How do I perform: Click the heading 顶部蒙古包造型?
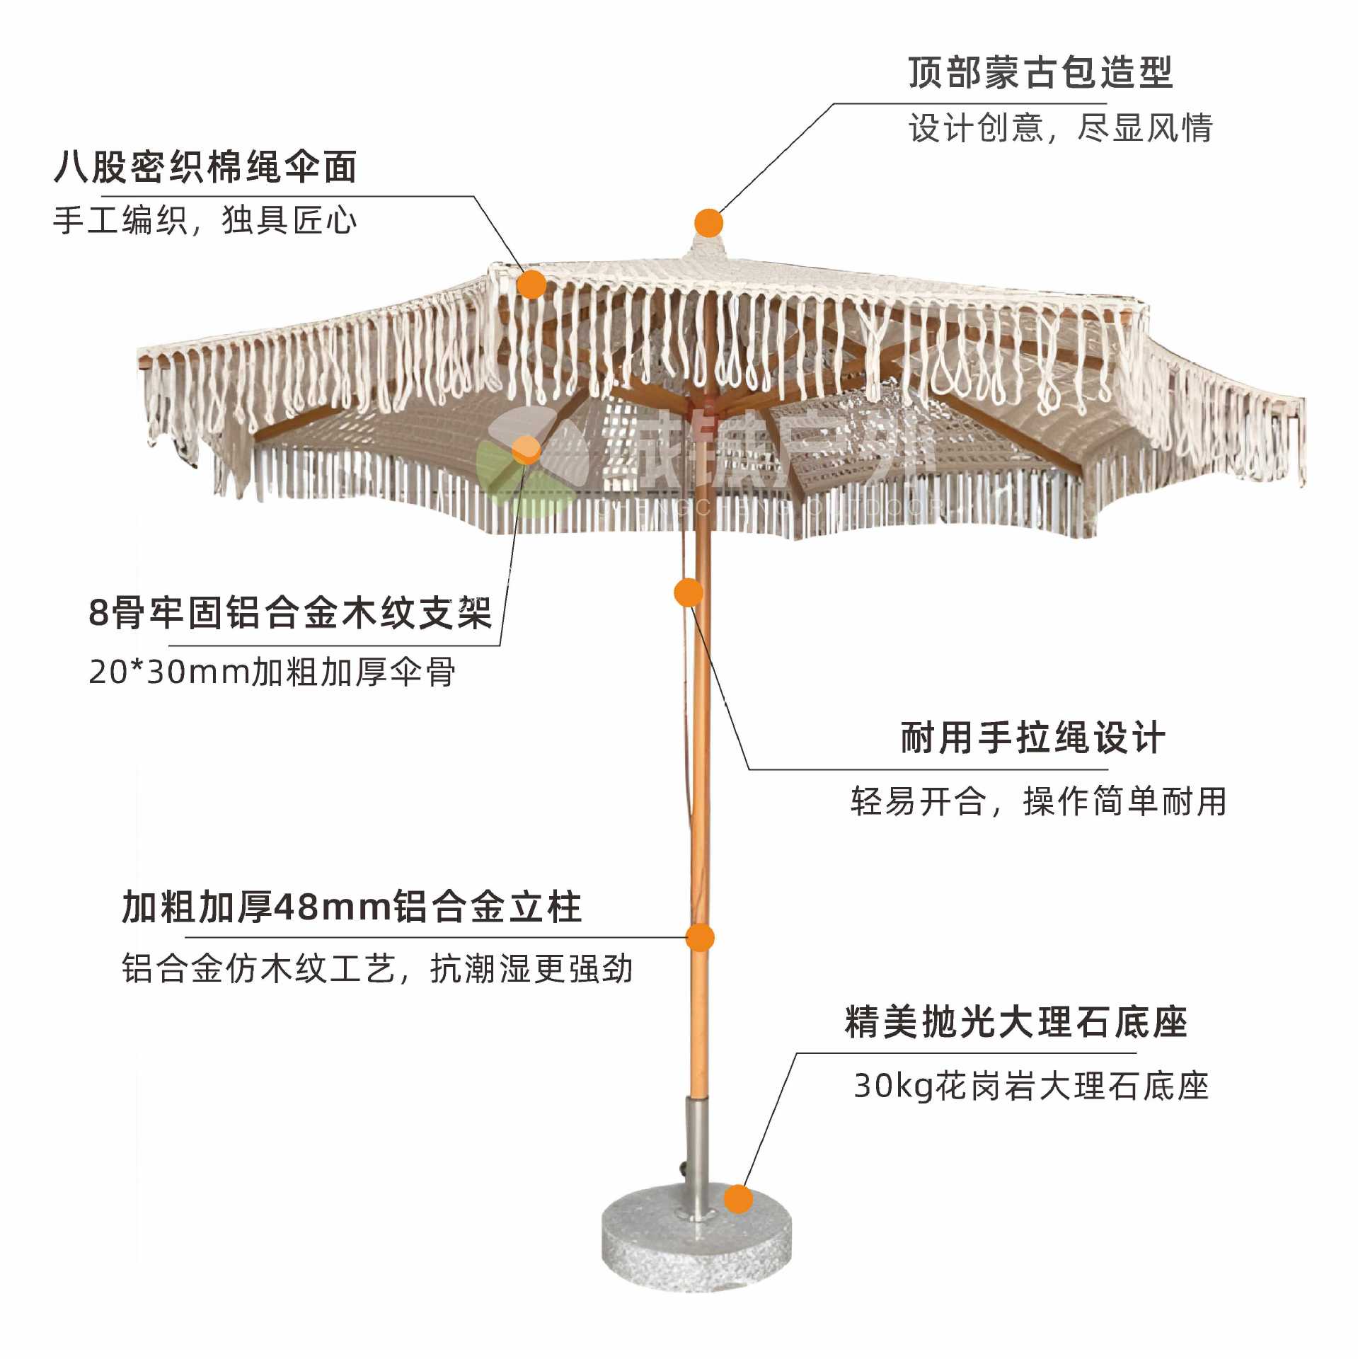1040,73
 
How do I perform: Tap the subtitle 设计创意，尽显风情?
1060,128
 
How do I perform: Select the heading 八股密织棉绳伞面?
205,167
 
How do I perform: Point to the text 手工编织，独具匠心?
205,220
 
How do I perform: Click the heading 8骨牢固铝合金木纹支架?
290,612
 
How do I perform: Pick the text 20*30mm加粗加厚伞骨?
272,672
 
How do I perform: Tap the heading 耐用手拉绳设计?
1032,738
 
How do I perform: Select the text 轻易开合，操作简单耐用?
1038,801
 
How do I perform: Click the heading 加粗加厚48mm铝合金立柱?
352,907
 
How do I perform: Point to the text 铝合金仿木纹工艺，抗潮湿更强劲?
377,969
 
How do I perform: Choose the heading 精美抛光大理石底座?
1015,1022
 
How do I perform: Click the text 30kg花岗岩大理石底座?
1030,1086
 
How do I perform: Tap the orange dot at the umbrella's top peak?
708,223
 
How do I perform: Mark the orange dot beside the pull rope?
688,592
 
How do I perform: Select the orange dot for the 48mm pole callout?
700,938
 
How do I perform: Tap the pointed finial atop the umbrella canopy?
707,248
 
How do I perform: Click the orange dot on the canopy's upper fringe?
532,285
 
